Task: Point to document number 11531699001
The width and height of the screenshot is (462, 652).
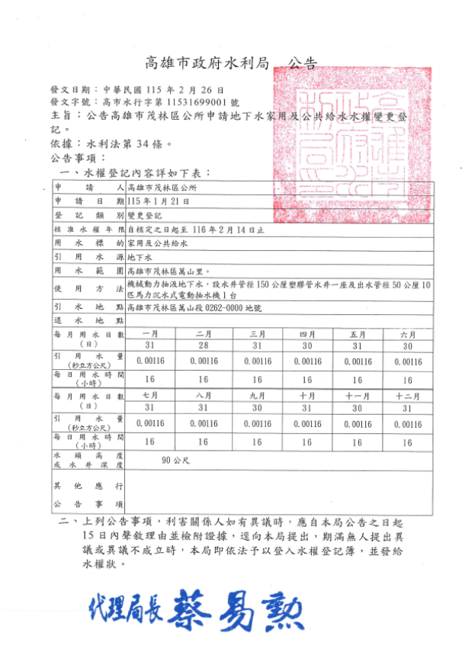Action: tap(196, 101)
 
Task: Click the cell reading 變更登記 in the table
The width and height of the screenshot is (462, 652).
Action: tap(144, 215)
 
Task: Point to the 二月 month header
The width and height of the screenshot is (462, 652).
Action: tap(204, 334)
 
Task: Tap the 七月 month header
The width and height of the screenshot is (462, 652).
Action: tap(149, 396)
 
